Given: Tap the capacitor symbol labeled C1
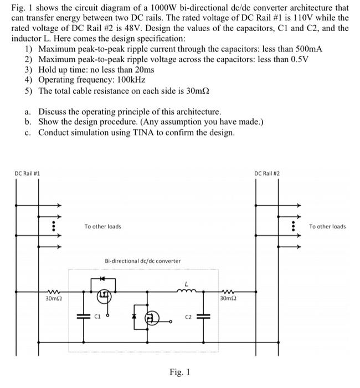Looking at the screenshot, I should coord(85,317).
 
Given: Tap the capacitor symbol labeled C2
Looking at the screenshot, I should coord(201,317).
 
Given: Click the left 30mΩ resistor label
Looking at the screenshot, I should coord(53,299).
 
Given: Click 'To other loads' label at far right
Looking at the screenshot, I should coord(327,226).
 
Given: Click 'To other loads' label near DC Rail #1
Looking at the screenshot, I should coord(102,226).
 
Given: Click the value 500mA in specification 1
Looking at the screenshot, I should coord(306,49).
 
